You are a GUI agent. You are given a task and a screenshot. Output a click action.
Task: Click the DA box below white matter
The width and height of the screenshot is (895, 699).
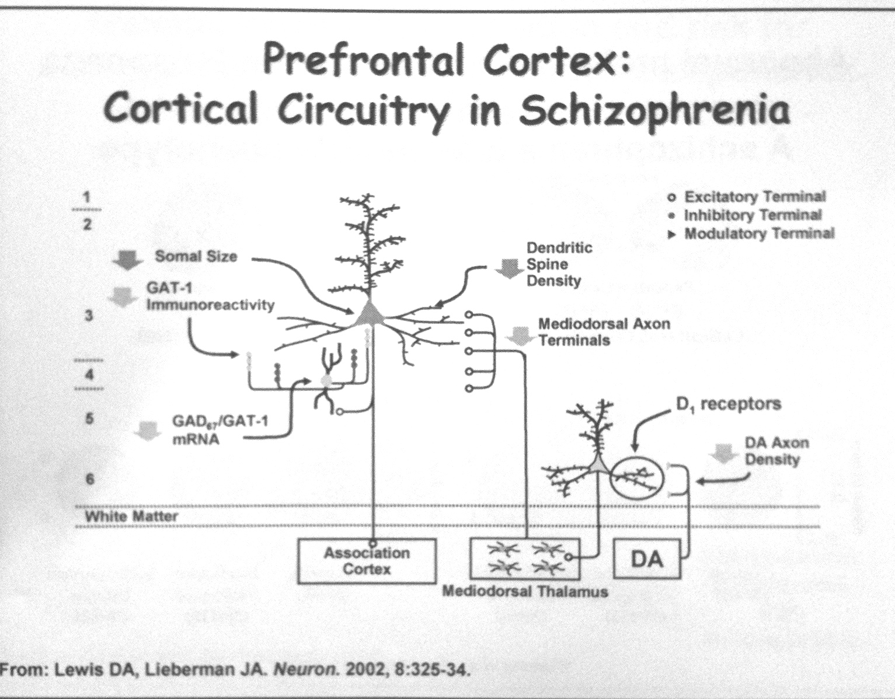click(x=647, y=559)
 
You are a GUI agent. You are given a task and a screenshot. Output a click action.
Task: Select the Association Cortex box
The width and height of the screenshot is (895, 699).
click(x=367, y=561)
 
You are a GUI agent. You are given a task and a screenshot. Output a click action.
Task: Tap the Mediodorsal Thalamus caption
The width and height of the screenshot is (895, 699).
click(x=525, y=592)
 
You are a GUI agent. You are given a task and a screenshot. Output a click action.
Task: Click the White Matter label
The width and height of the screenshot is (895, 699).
click(x=131, y=516)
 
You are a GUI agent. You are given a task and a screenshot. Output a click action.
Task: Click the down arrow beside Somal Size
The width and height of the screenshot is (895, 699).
click(x=127, y=260)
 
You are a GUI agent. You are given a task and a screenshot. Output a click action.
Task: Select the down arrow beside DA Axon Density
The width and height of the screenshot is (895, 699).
click(x=723, y=453)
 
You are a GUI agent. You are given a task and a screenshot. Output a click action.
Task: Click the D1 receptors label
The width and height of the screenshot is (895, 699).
click(x=727, y=404)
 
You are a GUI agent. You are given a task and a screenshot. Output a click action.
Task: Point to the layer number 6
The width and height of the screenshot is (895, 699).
click(x=89, y=479)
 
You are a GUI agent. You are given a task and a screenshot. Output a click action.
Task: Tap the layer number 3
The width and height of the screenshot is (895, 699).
click(x=89, y=316)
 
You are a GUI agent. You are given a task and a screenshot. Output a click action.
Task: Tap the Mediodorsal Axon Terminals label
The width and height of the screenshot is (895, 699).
click(x=604, y=331)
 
